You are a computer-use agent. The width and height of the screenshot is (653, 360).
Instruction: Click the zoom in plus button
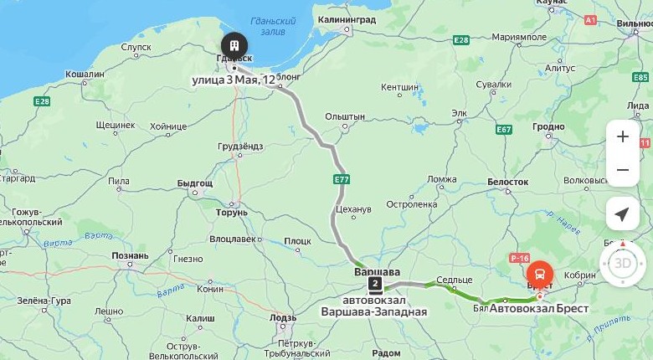[622, 136]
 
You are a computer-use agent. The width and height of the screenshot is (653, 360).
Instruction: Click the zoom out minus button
[622, 170]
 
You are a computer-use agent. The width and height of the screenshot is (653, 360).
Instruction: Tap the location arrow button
[622, 214]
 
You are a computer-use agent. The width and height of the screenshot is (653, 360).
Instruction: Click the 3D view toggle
[622, 263]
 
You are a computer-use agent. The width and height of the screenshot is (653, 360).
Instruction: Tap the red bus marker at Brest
[540, 273]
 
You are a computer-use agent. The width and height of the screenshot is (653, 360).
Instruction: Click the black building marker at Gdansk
[234, 45]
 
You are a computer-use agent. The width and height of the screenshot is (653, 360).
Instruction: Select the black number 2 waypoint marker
[374, 283]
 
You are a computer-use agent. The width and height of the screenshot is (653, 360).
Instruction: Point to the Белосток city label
[507, 182]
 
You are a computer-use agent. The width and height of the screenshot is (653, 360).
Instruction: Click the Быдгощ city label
[195, 183]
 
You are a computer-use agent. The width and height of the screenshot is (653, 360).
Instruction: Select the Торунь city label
[232, 213]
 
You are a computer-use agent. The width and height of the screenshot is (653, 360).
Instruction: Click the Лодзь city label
[284, 318]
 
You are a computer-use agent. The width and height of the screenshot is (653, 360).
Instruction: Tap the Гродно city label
[549, 126]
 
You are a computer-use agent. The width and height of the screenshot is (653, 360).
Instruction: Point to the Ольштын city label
[345, 116]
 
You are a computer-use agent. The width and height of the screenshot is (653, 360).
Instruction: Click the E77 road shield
[341, 179]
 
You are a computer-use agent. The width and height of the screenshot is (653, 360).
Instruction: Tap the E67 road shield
[503, 130]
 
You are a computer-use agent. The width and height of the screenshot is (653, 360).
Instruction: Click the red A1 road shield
[591, 19]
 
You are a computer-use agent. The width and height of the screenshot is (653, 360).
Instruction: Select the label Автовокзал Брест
[539, 309]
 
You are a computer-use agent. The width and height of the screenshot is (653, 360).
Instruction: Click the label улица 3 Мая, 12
[234, 80]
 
